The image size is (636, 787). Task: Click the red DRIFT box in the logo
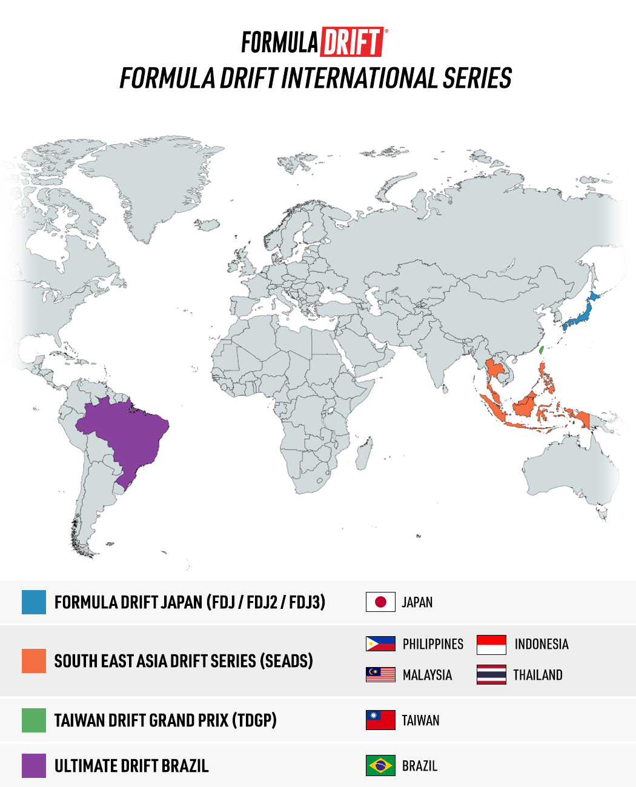tap(352, 42)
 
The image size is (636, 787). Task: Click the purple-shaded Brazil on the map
tap(127, 433)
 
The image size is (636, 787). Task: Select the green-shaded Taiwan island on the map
tap(542, 350)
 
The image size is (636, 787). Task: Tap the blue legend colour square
tap(34, 602)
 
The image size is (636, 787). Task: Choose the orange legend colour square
tap(34, 661)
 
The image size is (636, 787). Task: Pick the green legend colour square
tap(34, 720)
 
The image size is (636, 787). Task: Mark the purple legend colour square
tap(34, 766)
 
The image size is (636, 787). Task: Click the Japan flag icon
tap(380, 602)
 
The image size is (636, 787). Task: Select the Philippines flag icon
tap(380, 644)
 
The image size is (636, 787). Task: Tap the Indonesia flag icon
tap(491, 645)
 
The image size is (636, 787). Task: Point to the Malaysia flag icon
tap(380, 674)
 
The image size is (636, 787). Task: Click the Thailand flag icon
tap(491, 674)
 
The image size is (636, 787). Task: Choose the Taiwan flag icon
tap(380, 720)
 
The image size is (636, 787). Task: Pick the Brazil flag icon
tap(380, 766)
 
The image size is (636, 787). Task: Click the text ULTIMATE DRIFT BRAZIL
tap(131, 766)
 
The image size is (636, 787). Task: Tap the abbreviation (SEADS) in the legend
tap(286, 661)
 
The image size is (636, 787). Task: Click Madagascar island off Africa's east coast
tap(363, 454)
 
